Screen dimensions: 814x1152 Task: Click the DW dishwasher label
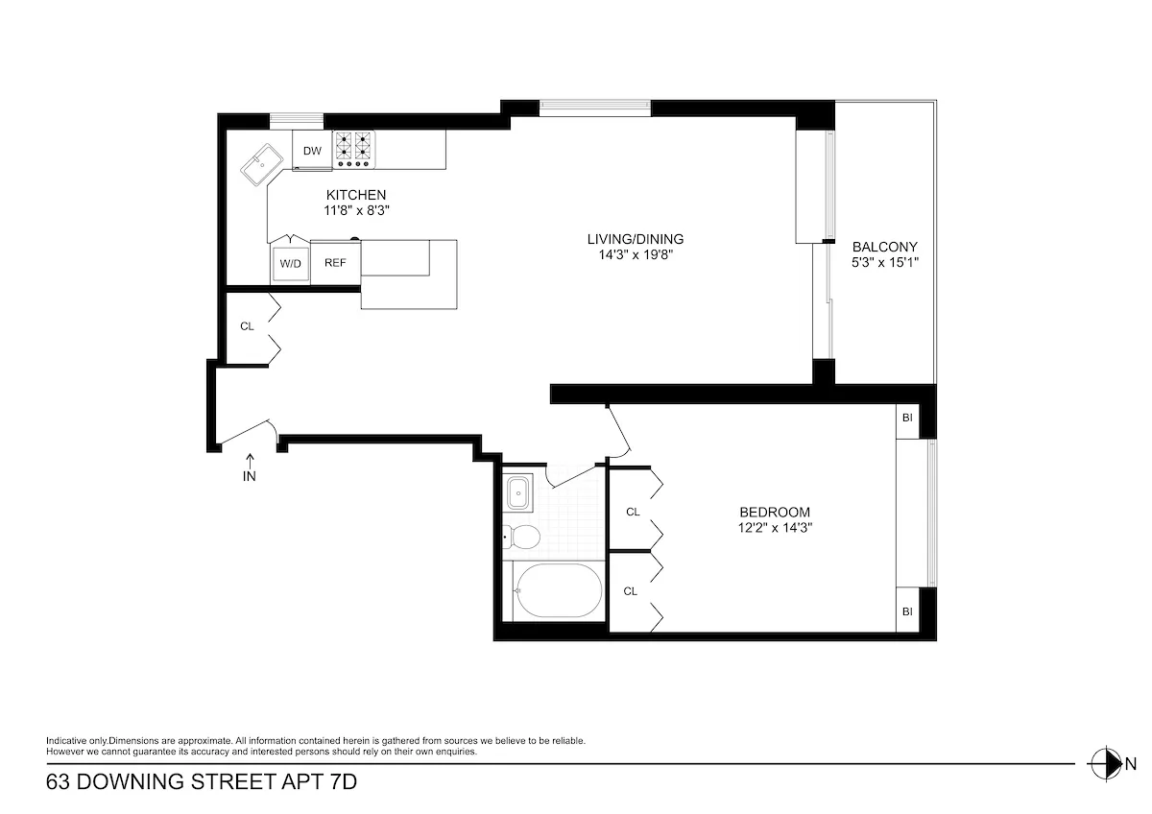coord(312,151)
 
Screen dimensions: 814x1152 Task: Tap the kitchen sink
coord(261,168)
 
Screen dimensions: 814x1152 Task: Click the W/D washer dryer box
coord(290,263)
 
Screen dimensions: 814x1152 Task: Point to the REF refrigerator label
coord(335,263)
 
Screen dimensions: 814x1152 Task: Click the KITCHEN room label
coord(355,195)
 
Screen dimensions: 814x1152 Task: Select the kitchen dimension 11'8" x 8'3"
coord(355,209)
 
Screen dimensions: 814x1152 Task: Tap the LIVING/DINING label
coord(635,239)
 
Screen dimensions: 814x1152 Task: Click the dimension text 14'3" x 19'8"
coord(635,254)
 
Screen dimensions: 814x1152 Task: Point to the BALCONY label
coord(884,246)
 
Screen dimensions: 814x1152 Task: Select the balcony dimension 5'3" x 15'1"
coord(884,261)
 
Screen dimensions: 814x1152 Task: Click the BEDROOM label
coord(774,512)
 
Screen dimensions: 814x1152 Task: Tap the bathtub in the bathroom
coord(558,590)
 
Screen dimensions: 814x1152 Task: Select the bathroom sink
coord(518,492)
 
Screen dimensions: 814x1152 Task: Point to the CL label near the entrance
coord(247,326)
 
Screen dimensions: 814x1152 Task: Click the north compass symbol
coord(1106,764)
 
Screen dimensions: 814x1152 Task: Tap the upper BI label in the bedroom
coord(906,418)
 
